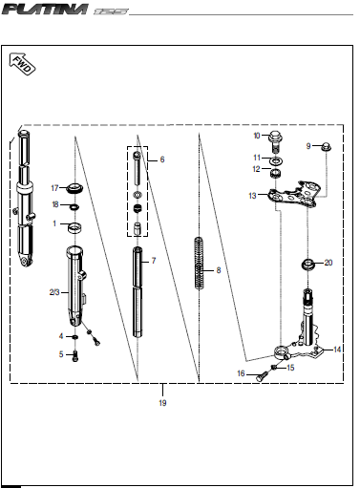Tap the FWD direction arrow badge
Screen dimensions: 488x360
(21, 65)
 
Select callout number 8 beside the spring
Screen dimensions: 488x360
(218, 270)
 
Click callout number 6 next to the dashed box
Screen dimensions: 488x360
(161, 159)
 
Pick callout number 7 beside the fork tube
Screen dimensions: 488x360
(153, 260)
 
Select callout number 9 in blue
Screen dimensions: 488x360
(308, 145)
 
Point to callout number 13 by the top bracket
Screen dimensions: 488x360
(253, 195)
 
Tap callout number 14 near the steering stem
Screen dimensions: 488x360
(337, 350)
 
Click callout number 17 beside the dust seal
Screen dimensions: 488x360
(55, 186)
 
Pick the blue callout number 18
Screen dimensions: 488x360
(55, 204)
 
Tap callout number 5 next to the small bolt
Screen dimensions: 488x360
(62, 354)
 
